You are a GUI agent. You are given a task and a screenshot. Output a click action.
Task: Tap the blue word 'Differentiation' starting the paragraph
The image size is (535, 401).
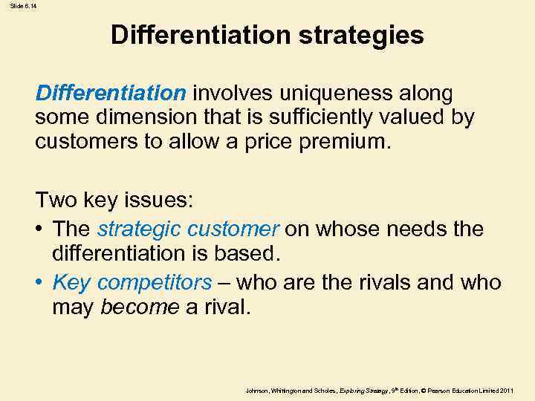[111, 94]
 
